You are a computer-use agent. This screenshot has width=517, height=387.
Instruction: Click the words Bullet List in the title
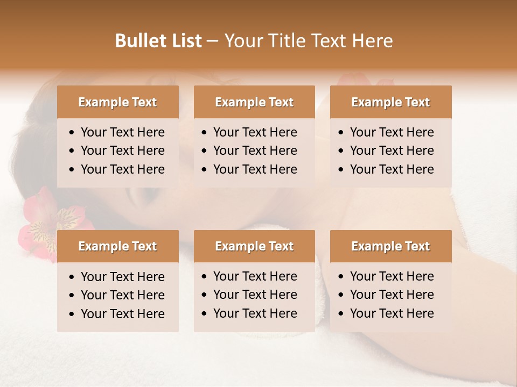[x=158, y=41]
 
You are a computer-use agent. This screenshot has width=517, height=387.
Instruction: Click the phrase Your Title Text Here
[x=308, y=41]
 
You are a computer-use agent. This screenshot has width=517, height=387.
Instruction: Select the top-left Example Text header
[x=117, y=102]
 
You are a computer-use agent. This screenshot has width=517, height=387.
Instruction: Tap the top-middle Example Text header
[x=254, y=102]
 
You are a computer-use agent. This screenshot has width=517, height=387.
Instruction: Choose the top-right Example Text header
[x=390, y=102]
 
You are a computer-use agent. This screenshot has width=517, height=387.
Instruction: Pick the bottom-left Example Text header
[x=117, y=246]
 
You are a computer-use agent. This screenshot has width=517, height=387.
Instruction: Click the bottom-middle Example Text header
[x=254, y=246]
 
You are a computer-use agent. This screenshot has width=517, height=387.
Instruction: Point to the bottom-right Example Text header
[x=390, y=246]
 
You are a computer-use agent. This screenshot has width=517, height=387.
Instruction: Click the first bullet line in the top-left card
[x=122, y=132]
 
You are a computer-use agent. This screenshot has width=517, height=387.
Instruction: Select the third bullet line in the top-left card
[x=122, y=169]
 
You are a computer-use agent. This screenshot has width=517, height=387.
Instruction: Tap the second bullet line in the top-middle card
[x=255, y=150]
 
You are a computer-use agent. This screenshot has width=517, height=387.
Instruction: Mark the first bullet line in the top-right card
[x=392, y=132]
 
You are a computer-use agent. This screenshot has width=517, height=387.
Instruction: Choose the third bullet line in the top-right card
[x=392, y=169]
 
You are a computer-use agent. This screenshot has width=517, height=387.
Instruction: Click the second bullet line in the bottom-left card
[x=122, y=295]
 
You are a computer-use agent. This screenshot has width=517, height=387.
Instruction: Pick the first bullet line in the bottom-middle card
[x=255, y=276]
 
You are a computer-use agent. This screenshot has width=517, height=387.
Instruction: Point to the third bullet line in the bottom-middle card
[x=255, y=313]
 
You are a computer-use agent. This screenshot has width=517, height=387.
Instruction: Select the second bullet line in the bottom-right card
[x=392, y=295]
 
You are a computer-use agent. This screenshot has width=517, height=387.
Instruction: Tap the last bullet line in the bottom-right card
[x=392, y=313]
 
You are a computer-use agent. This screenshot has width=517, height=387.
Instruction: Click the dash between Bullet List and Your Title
[x=213, y=41]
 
